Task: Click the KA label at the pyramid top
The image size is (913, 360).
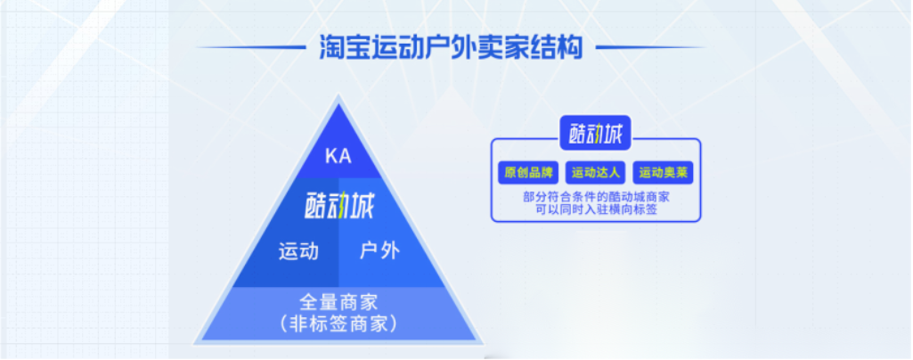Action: point(338,157)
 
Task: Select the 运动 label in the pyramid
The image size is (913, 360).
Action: point(298,251)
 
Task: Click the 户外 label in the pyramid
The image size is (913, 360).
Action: point(379,251)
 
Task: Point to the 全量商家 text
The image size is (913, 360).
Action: point(338,302)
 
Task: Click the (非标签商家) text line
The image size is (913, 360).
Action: point(338,323)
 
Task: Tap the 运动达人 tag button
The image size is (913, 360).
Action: point(596,173)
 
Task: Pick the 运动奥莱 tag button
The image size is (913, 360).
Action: point(664,173)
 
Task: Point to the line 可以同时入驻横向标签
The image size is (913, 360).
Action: point(596,209)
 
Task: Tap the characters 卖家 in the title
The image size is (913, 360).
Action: point(494,47)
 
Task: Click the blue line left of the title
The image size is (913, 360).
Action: point(250,47)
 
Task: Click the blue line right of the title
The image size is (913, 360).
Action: point(651,47)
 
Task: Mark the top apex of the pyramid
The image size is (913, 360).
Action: point(338,97)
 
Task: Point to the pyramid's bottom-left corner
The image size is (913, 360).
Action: point(196,342)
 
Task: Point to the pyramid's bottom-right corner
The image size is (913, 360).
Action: point(481,342)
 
